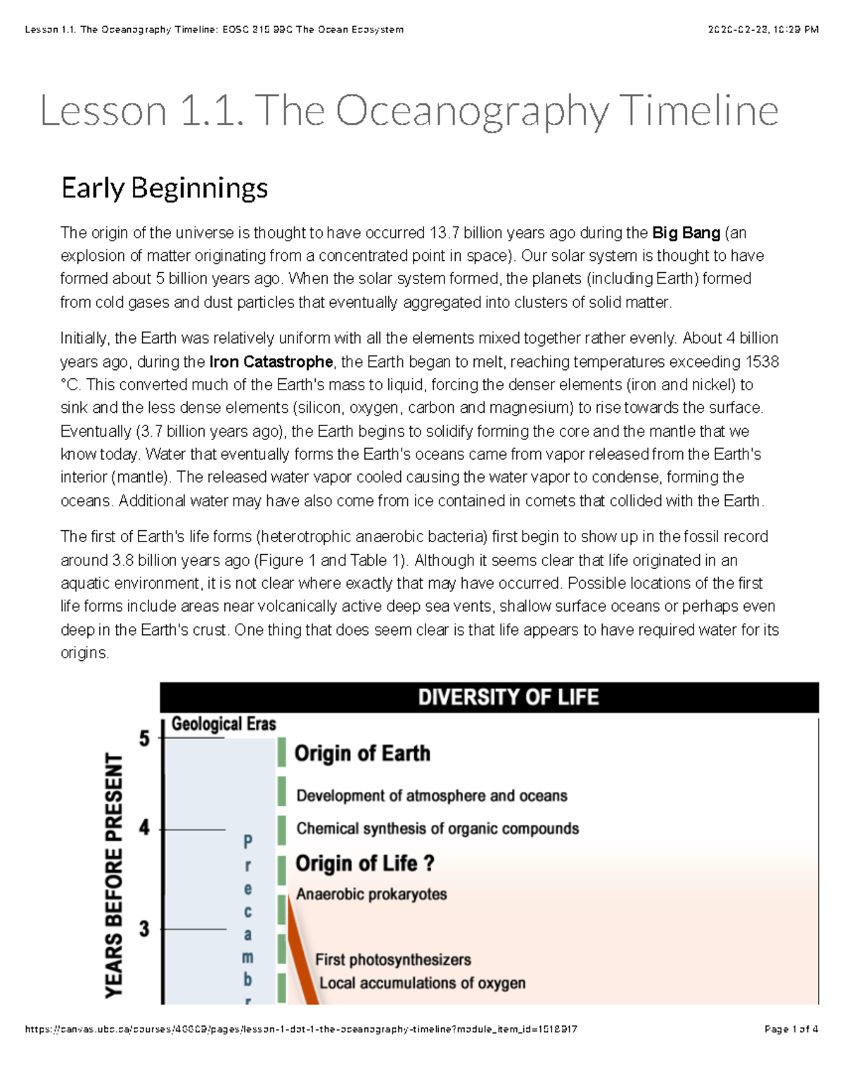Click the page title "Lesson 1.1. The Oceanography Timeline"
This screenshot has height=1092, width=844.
(x=409, y=111)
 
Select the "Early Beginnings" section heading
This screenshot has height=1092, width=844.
(x=165, y=188)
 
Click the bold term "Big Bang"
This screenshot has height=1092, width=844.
(x=686, y=233)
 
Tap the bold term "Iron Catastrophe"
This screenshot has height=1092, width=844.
(x=271, y=361)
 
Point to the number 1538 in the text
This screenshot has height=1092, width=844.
(x=761, y=361)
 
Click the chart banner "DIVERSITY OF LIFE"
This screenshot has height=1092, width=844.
(x=508, y=698)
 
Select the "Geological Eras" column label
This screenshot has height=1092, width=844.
(x=224, y=724)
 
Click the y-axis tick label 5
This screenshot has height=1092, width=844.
(x=144, y=738)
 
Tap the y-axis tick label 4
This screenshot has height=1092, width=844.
(x=144, y=828)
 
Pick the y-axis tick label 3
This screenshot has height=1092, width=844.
(x=144, y=929)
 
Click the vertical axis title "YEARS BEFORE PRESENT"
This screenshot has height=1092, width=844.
(x=114, y=875)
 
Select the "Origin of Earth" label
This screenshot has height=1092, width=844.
(x=362, y=753)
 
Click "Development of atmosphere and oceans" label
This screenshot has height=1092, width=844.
(x=431, y=796)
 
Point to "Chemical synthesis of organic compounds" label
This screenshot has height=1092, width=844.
(x=437, y=828)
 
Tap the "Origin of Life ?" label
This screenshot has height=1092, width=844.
(x=364, y=863)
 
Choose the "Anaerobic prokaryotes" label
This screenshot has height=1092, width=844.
(x=371, y=894)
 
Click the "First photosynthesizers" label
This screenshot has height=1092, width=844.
(x=392, y=960)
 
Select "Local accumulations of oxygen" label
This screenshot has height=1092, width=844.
(x=422, y=983)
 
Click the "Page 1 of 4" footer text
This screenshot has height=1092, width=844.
(x=791, y=1029)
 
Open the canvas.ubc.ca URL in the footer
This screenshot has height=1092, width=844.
(x=301, y=1029)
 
